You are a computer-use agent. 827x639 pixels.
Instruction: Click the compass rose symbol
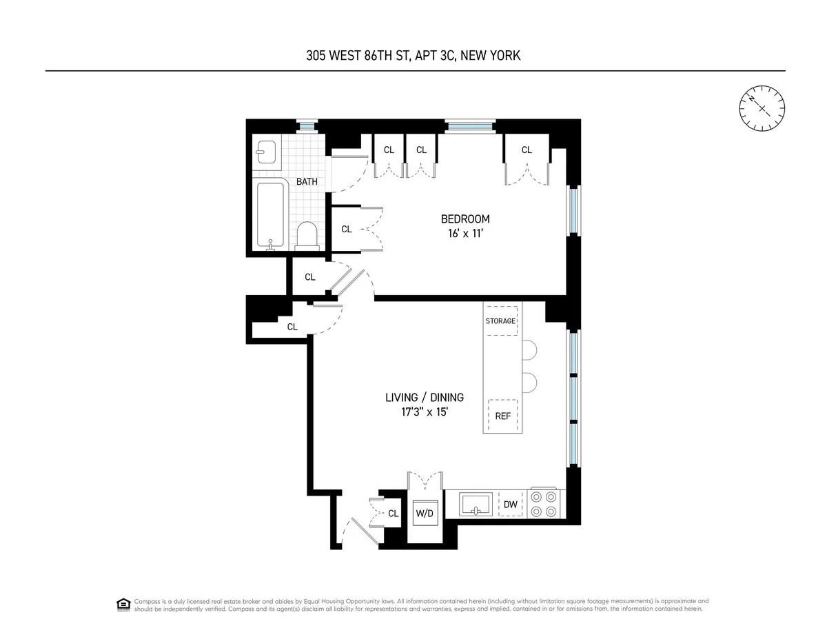(762, 107)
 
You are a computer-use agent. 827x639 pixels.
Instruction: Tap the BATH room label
(307, 182)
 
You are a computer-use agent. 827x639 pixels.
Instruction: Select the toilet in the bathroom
(307, 236)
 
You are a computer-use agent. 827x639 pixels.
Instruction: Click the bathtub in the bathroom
(271, 214)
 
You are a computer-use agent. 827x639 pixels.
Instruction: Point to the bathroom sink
(266, 152)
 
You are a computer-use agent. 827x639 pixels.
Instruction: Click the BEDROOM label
(464, 219)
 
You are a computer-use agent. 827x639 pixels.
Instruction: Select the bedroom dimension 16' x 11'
(464, 233)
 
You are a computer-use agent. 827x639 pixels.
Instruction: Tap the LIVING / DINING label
(424, 398)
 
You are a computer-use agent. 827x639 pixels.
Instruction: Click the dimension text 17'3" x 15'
(424, 412)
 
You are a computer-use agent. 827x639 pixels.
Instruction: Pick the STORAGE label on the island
(500, 321)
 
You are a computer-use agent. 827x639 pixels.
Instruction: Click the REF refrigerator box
(502, 416)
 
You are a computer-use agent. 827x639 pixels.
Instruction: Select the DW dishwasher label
(510, 505)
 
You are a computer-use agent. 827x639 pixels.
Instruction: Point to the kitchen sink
(476, 504)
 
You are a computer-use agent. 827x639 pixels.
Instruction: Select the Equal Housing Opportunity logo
(124, 605)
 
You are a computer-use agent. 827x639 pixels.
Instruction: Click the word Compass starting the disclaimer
(147, 601)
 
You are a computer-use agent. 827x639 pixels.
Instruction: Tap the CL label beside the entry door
(394, 514)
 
